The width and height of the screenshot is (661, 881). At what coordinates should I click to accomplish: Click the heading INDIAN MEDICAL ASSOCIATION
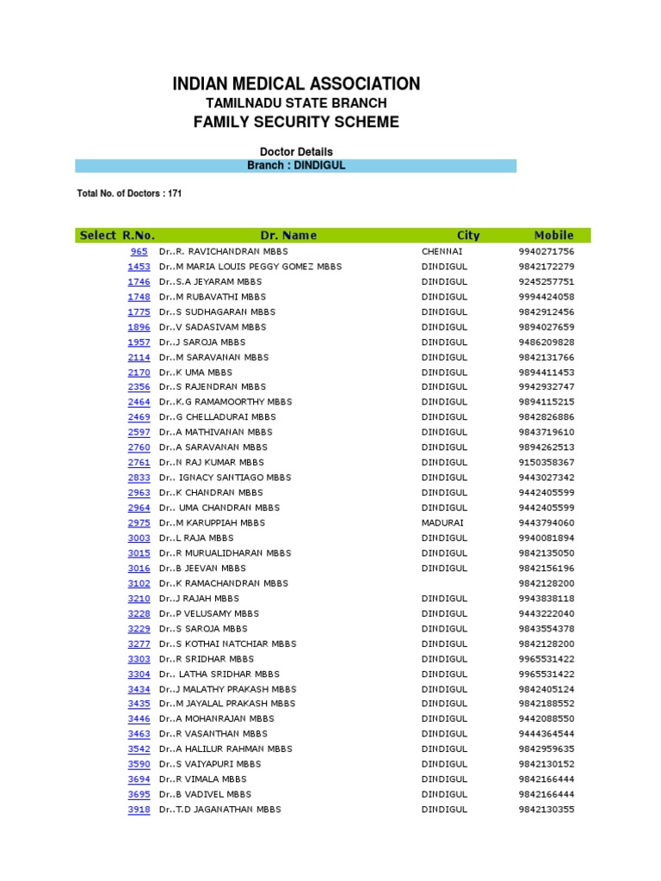click(296, 83)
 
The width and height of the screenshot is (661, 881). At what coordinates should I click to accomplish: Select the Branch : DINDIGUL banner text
click(296, 165)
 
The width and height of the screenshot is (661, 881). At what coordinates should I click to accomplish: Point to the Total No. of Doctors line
click(129, 194)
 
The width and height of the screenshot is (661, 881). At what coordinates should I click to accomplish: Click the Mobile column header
click(553, 235)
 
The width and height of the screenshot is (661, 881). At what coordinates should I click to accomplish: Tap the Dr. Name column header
click(288, 235)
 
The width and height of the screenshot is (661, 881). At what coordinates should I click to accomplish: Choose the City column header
click(468, 235)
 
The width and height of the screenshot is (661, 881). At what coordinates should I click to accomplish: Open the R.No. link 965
click(139, 251)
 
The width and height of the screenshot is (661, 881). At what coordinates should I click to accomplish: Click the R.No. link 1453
click(139, 267)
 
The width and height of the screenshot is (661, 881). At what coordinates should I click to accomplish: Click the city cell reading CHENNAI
click(442, 251)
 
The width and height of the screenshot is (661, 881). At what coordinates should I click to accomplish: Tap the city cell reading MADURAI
click(442, 522)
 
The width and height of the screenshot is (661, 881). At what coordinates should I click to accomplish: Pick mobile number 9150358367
click(546, 462)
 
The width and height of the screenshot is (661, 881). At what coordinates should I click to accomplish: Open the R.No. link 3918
click(139, 809)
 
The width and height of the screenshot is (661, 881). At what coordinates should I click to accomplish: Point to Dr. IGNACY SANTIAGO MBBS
click(226, 477)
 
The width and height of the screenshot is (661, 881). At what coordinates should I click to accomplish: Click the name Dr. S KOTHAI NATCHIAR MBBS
click(227, 644)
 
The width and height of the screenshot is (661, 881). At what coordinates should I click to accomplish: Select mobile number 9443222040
click(546, 613)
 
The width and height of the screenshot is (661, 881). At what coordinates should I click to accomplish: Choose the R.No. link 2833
click(139, 477)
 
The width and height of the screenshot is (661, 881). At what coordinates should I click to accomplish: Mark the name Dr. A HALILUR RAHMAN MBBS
click(225, 749)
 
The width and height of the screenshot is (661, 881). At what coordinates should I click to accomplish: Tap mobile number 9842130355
click(546, 809)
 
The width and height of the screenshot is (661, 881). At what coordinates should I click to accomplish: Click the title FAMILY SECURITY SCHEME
click(296, 122)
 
